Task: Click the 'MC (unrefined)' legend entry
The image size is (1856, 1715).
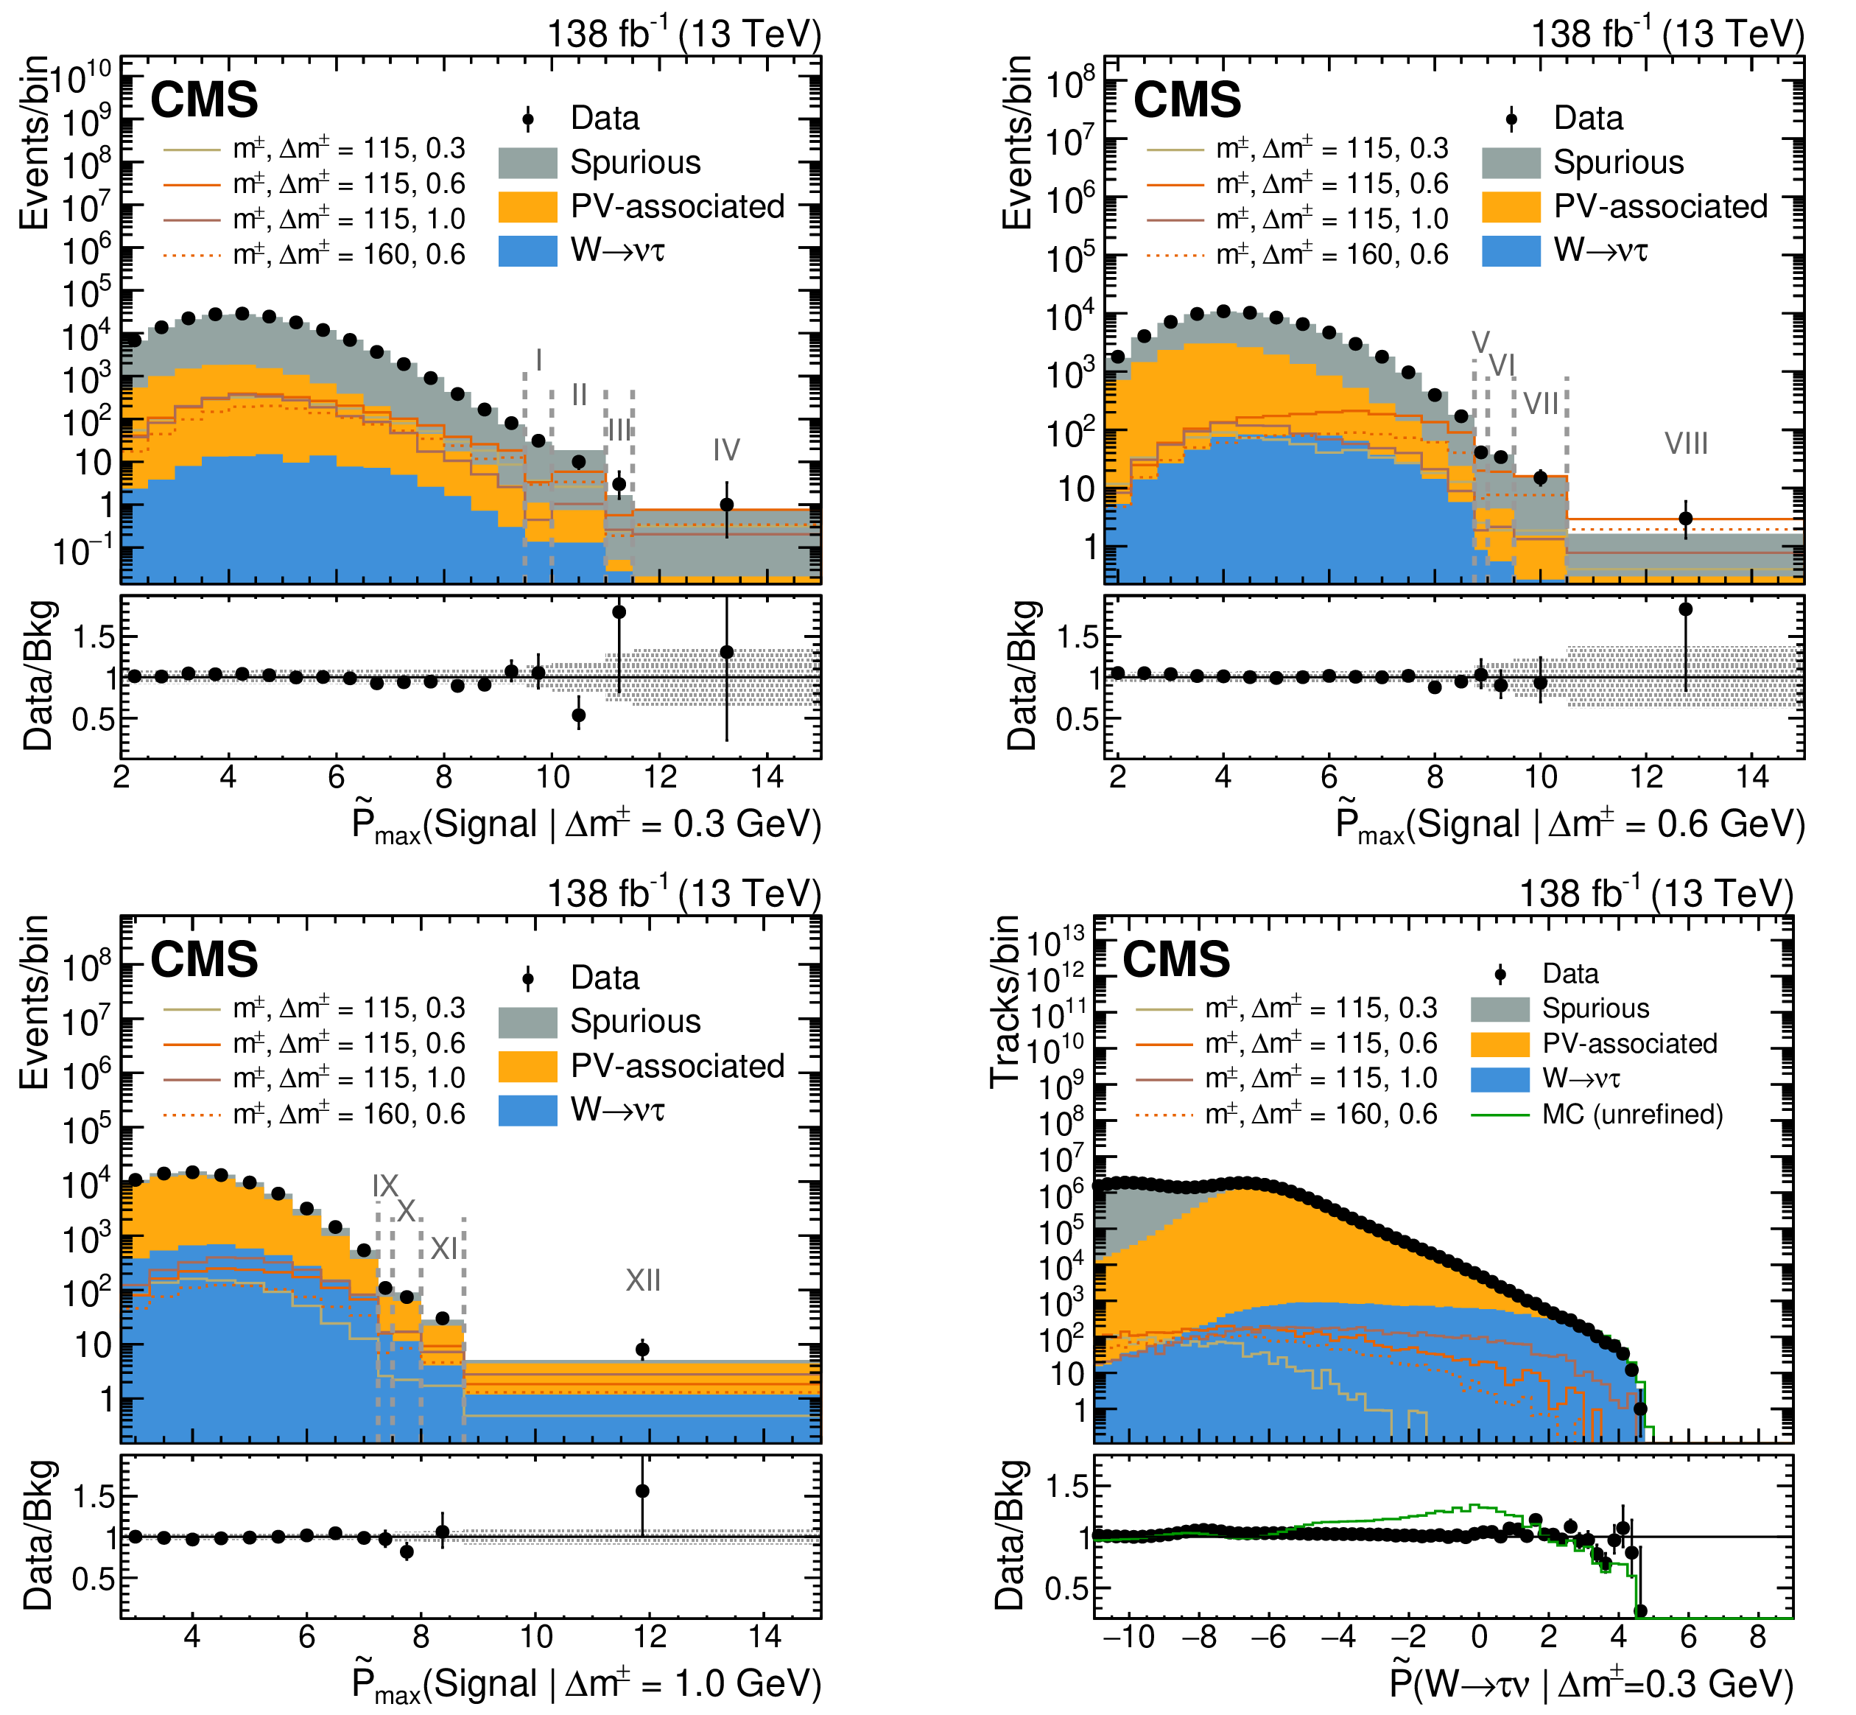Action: coord(1597,1114)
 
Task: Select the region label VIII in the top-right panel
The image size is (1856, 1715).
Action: coord(1685,443)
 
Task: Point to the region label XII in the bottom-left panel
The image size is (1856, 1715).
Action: coord(642,1280)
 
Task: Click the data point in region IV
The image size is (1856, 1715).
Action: coord(727,505)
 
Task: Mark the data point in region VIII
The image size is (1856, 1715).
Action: coord(1685,519)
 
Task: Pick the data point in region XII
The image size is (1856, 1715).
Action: coord(642,1350)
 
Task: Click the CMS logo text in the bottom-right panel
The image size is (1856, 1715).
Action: coord(1175,960)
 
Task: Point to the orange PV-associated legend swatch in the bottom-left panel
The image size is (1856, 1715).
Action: coord(528,1066)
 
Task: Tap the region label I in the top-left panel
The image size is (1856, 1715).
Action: coord(538,360)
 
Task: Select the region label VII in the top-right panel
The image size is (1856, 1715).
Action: coord(1542,404)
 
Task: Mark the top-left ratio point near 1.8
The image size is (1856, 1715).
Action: coord(619,612)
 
